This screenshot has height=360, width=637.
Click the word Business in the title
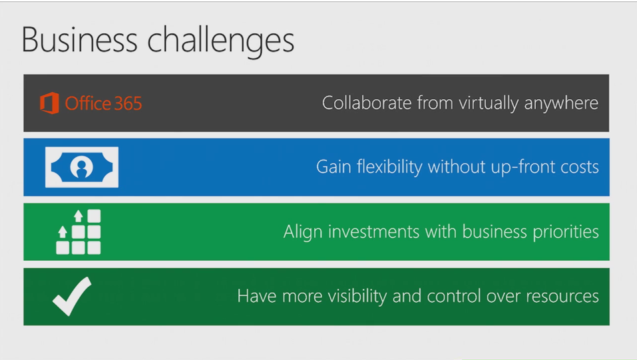pos(80,40)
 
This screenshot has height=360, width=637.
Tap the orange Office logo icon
pos(49,103)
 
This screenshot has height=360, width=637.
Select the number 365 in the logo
pos(128,104)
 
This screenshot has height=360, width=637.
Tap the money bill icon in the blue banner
pos(82,167)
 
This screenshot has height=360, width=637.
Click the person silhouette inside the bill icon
pos(82,168)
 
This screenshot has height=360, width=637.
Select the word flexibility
pos(389,167)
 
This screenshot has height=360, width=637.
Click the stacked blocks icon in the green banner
pos(79,232)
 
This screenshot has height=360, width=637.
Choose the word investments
pos(374,232)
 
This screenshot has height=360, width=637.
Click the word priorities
pos(566,232)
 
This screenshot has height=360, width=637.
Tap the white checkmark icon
pos(72,296)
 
